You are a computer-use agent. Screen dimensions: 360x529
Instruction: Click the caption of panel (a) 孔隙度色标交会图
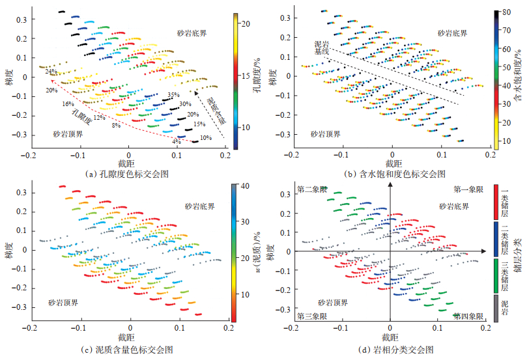(128, 174)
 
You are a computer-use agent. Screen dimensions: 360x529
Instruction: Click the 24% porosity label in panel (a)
(51, 71)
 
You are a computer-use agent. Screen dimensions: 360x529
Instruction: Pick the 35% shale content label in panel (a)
(173, 95)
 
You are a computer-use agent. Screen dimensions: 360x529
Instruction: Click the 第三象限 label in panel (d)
(311, 316)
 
